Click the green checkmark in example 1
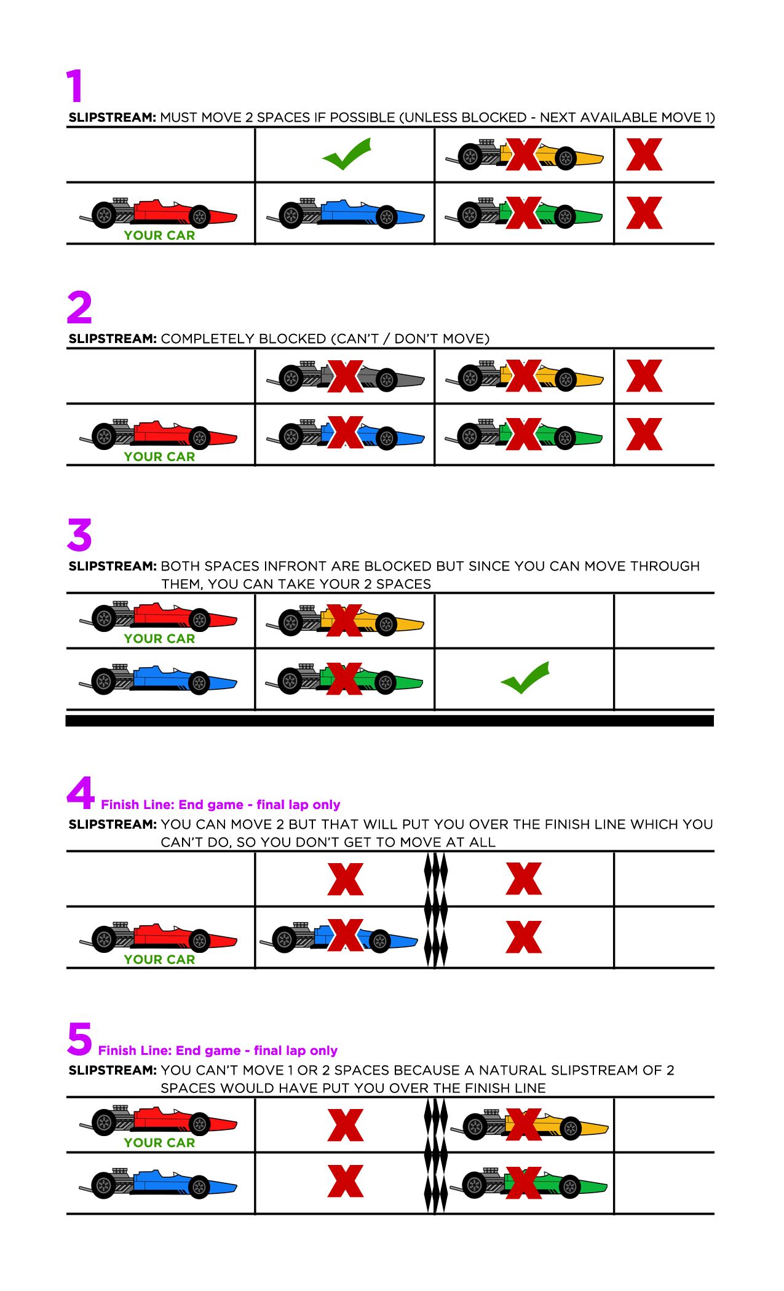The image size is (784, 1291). (347, 154)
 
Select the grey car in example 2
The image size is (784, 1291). (346, 377)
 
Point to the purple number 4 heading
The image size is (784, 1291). (81, 792)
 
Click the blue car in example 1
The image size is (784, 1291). (346, 213)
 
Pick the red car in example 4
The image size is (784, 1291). (158, 938)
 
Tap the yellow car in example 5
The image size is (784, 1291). (529, 1124)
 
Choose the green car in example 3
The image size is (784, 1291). (344, 679)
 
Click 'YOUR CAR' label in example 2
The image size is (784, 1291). (159, 457)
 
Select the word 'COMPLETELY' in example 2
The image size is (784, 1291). (206, 339)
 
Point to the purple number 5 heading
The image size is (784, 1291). (79, 1038)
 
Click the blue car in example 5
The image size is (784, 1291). (158, 1183)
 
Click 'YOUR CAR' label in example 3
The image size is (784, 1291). (159, 639)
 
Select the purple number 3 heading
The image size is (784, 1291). (79, 535)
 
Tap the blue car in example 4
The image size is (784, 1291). (339, 938)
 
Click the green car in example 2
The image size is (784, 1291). (524, 434)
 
